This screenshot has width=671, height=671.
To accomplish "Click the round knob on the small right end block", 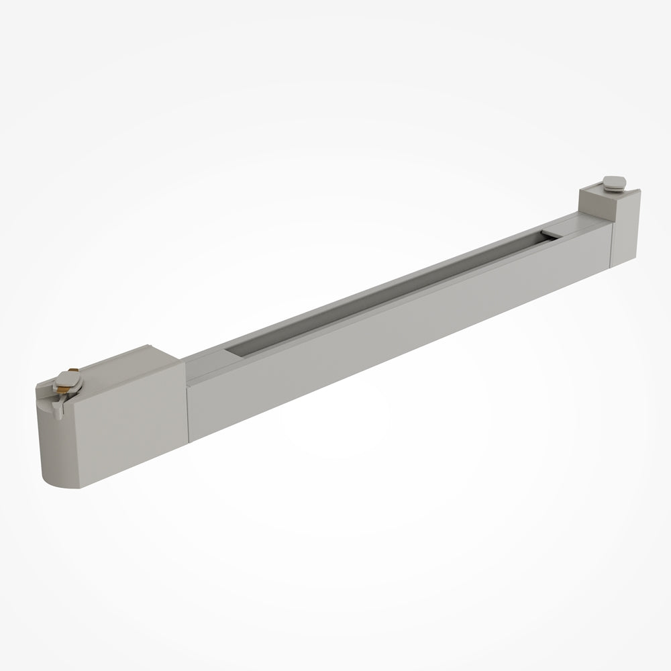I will tap(613, 182).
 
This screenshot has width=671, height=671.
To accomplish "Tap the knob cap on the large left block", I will tap(68, 380).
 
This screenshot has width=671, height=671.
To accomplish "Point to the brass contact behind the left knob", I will tap(73, 370).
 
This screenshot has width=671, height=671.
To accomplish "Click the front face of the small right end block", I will tap(625, 228).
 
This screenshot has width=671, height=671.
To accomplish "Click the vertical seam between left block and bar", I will tap(187, 403).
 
